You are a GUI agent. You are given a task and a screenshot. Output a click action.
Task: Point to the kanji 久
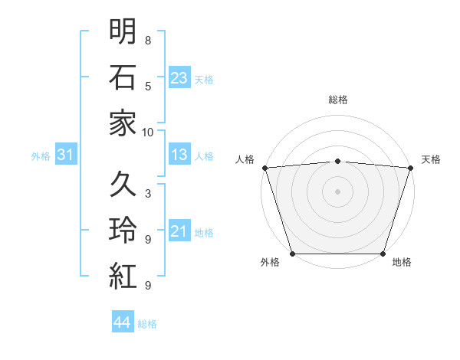coord(123,184)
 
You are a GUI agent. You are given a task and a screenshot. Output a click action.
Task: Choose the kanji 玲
coord(123,230)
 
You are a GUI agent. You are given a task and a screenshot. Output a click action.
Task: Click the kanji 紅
coord(123,276)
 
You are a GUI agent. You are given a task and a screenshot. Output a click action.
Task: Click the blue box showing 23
coord(179,77)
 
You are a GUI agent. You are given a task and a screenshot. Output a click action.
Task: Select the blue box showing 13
coord(179,155)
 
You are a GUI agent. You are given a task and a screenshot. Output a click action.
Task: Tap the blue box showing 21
coord(179,231)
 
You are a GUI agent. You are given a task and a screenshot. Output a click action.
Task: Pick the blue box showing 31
coord(66,155)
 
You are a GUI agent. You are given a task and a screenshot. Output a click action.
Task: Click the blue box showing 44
coord(123,322)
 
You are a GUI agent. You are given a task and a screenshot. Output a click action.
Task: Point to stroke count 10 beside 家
coord(148,132)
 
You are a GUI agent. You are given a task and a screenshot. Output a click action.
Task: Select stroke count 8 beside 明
coord(148,40)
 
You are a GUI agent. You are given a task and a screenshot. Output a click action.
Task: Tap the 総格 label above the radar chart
coord(337,100)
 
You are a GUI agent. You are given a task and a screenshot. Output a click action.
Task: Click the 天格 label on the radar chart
coord(431,159)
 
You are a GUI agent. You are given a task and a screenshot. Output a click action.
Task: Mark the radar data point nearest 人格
coord(264,167)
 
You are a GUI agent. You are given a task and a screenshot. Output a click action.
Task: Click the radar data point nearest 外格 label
coord(292,254)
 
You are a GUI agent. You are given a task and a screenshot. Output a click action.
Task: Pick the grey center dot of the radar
coord(337,191)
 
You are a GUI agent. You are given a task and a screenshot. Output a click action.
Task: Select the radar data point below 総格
coord(337,161)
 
